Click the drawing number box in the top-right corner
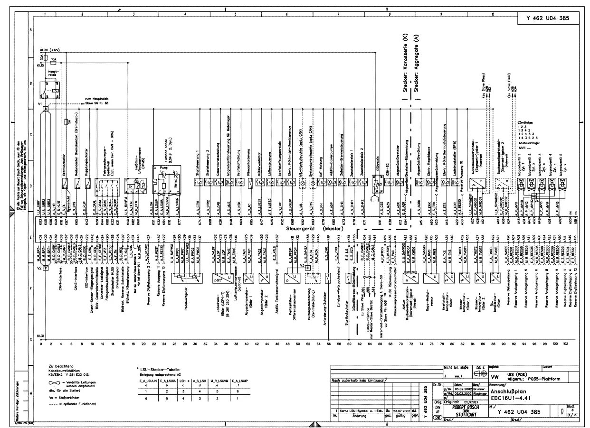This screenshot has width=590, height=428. click(547, 19)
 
